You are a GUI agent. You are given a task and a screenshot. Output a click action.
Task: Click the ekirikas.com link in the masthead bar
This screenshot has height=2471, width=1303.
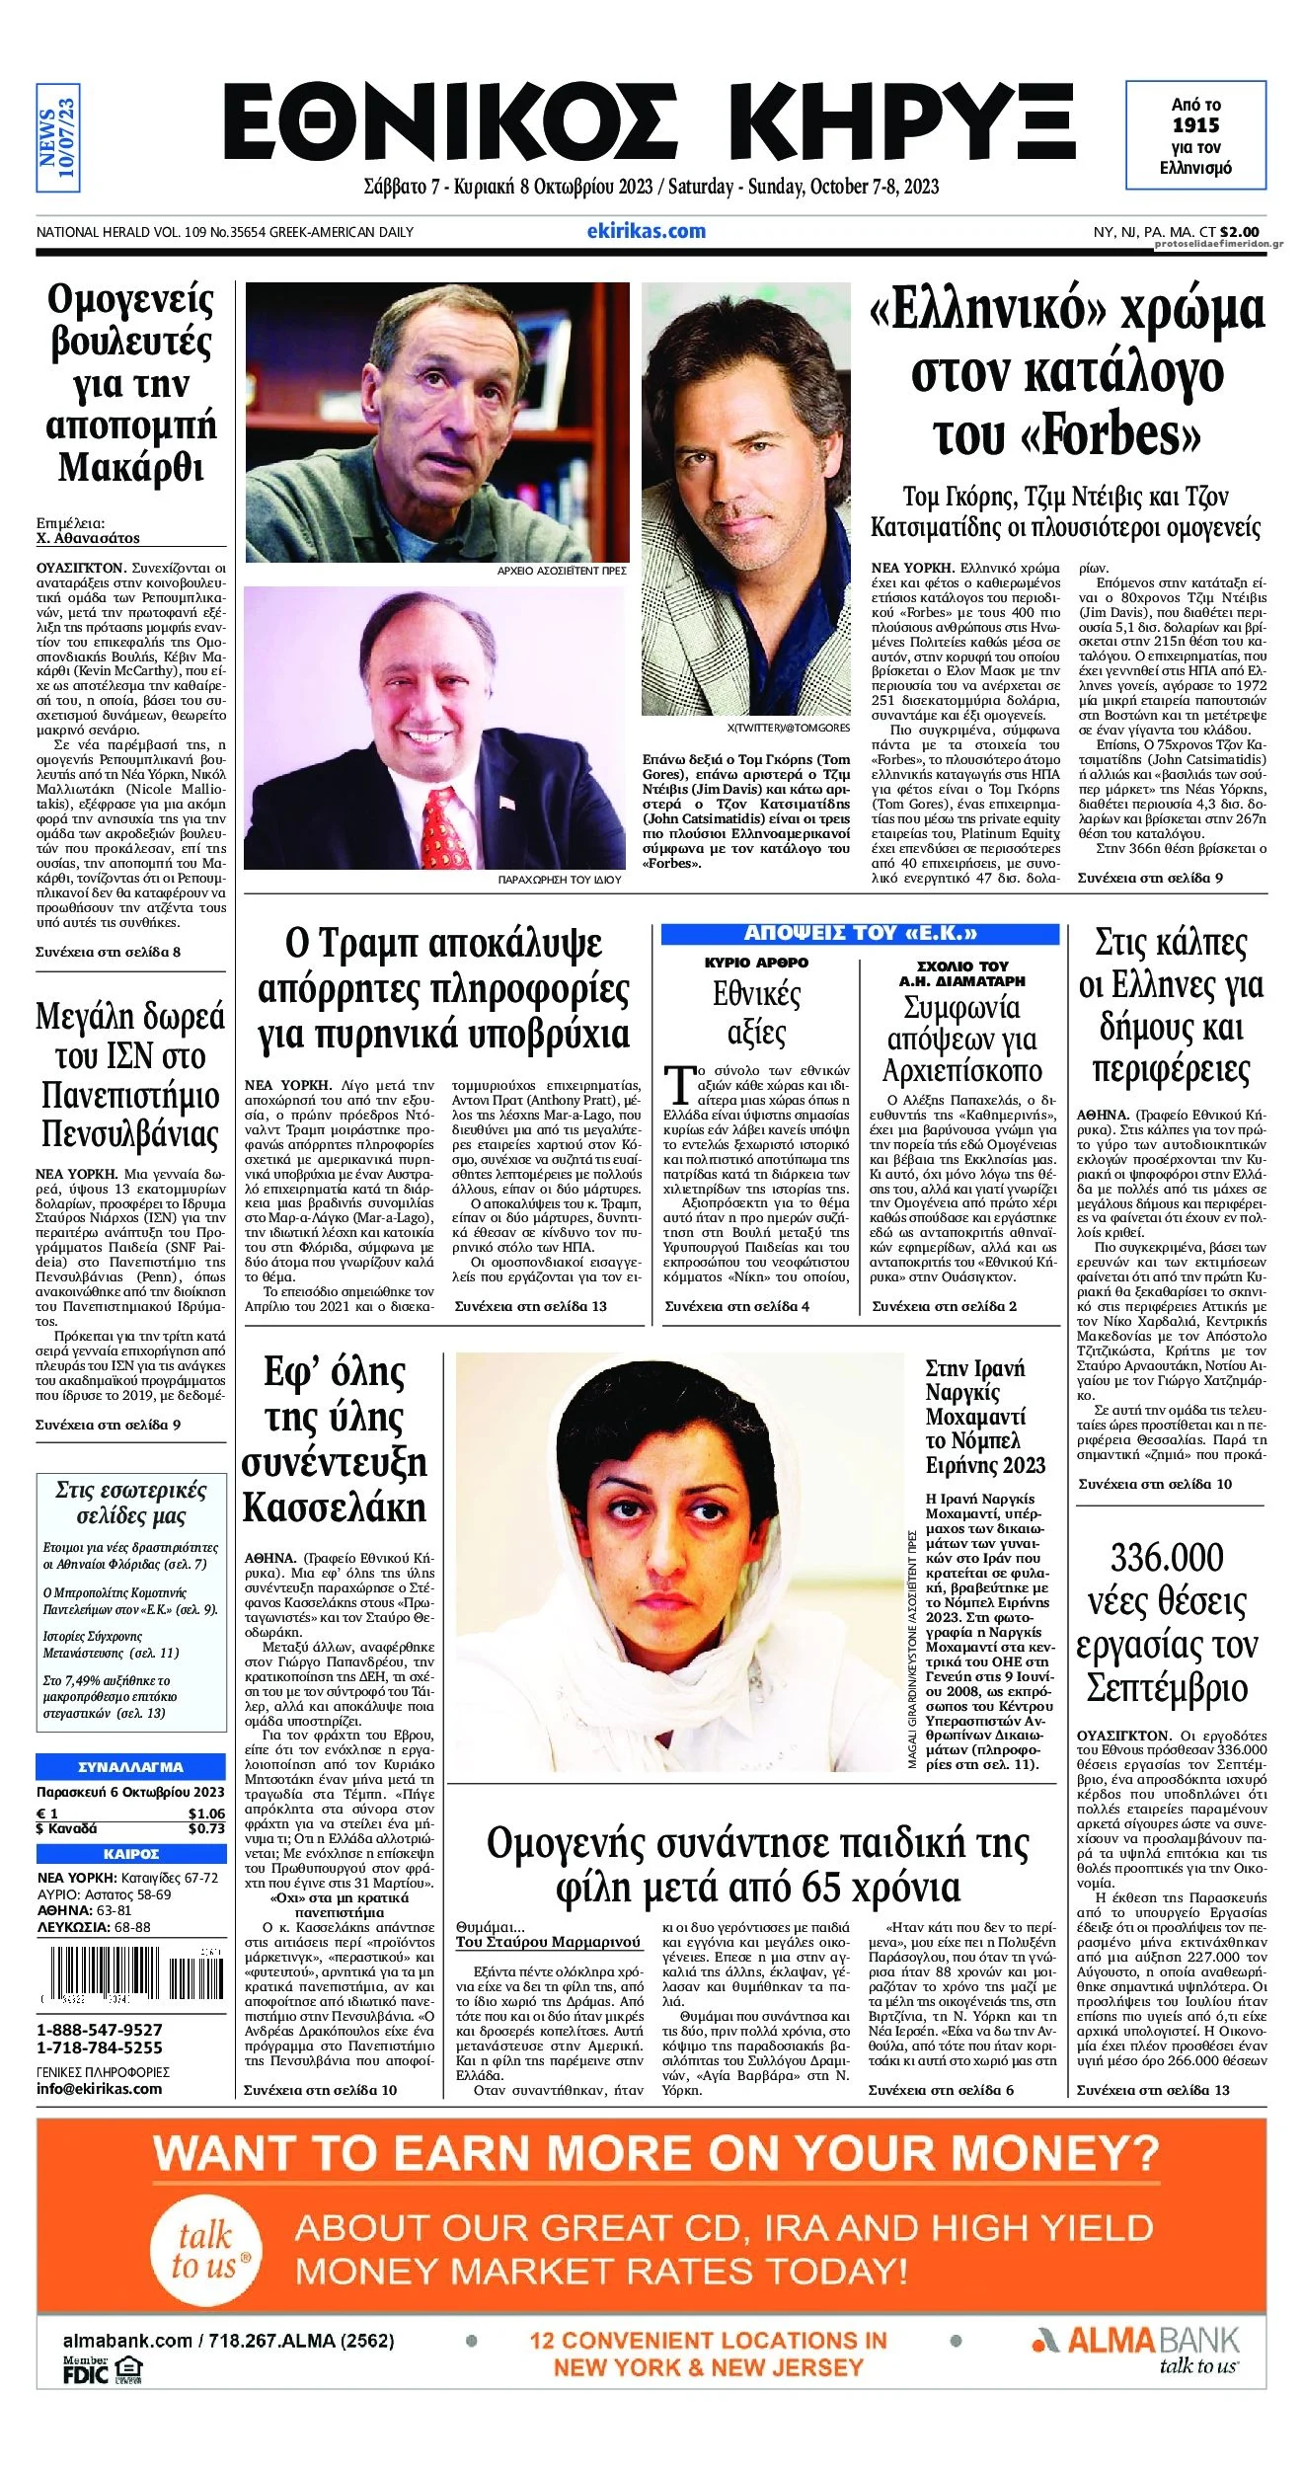(646, 231)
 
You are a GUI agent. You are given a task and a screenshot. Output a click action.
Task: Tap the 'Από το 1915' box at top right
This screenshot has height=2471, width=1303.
(1195, 135)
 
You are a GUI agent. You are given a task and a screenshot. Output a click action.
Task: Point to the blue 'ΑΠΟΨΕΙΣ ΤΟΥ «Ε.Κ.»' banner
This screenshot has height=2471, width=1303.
(860, 933)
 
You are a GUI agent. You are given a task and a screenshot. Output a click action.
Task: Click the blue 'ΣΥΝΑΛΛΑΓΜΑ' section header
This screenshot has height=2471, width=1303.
(130, 1766)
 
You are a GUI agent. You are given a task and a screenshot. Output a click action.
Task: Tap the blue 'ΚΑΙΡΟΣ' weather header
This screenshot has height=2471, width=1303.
(130, 1854)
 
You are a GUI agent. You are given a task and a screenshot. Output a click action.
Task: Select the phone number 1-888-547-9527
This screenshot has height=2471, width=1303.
(100, 2030)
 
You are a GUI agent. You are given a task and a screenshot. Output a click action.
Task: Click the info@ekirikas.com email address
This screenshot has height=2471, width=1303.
(99, 2089)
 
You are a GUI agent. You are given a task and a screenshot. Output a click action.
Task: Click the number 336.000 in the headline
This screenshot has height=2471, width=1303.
(1167, 1558)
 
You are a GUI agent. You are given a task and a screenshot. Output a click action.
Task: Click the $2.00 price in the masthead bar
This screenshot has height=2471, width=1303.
(1239, 232)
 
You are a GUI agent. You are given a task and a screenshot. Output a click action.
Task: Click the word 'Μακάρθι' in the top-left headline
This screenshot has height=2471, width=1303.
(130, 467)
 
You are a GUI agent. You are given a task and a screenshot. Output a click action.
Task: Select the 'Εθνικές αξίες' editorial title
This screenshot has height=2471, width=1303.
(756, 1013)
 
